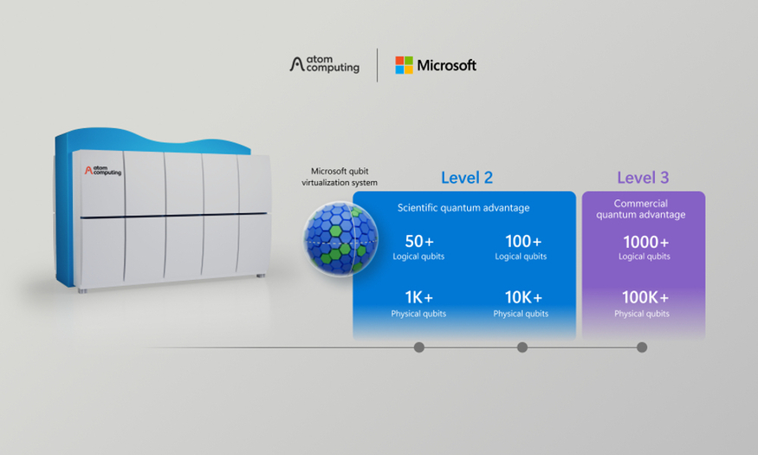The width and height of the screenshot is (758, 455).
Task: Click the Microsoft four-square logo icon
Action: (405, 65)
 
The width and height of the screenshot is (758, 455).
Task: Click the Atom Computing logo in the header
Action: (324, 64)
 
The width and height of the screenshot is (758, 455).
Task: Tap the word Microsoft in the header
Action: (447, 65)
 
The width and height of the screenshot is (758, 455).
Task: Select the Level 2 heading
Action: (467, 178)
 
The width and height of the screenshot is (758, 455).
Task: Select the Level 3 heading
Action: (643, 178)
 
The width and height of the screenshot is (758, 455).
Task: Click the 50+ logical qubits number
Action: (419, 241)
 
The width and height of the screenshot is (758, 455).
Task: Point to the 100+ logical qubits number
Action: (523, 241)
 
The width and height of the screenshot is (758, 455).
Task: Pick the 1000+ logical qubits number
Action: (646, 241)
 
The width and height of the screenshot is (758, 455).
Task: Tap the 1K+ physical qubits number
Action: (418, 297)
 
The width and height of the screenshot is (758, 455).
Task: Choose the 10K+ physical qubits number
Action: (523, 297)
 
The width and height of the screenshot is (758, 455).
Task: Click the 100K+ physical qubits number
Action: (645, 297)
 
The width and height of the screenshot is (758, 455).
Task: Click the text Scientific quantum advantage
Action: (463, 208)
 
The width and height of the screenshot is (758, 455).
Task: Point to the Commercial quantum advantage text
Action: (640, 209)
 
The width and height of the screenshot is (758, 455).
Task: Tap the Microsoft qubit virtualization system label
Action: (340, 177)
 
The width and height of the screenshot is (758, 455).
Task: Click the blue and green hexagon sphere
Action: (340, 239)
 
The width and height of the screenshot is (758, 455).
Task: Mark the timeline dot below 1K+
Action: (419, 348)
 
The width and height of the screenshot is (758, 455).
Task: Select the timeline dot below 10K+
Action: (522, 348)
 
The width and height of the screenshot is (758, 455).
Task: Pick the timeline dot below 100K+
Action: (642, 348)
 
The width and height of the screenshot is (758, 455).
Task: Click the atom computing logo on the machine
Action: (103, 170)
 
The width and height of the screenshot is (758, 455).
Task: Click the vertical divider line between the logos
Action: (377, 65)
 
